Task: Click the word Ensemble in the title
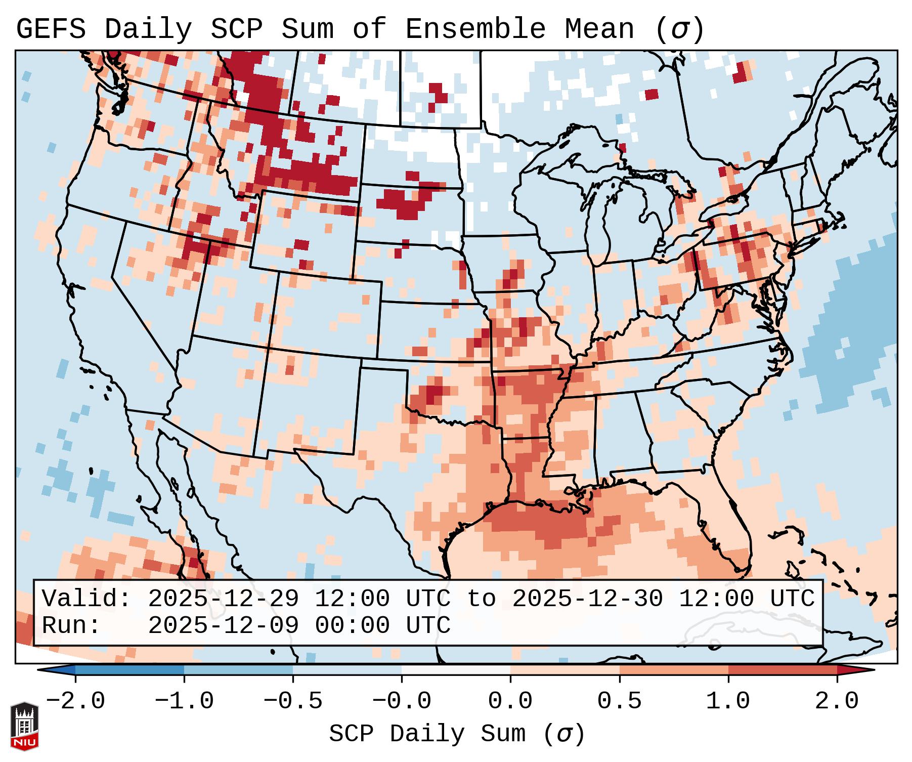click(x=475, y=29)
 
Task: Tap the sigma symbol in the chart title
click(x=679, y=29)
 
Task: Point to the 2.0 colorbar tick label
click(x=837, y=701)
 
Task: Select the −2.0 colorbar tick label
click(x=75, y=701)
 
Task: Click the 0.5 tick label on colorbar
click(x=620, y=701)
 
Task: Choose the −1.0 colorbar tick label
click(x=184, y=701)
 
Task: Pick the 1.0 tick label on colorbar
click(x=728, y=701)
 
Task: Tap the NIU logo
click(x=24, y=727)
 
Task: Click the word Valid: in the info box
click(x=86, y=599)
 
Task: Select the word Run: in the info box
click(x=71, y=625)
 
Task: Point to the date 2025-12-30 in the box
click(x=587, y=599)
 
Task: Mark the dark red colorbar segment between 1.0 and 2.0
click(x=783, y=670)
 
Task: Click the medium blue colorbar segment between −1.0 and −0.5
click(x=238, y=670)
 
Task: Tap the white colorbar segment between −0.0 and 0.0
click(x=456, y=670)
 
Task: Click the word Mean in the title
click(x=599, y=29)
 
